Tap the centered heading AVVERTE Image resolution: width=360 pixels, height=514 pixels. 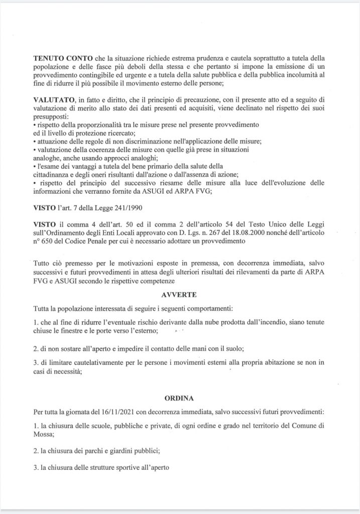point(180,294)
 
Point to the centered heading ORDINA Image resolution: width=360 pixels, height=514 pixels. point(179,398)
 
